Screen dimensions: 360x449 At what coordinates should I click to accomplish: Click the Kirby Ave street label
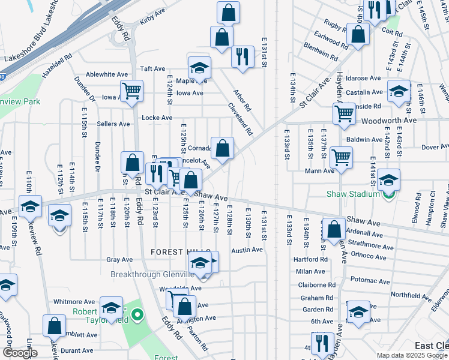(152, 37)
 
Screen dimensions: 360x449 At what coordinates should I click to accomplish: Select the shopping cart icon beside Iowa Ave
(131, 92)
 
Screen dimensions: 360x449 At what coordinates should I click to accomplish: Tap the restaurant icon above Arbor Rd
(243, 56)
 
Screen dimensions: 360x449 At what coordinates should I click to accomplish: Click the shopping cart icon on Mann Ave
(342, 157)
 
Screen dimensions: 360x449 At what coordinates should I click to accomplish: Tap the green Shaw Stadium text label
(353, 194)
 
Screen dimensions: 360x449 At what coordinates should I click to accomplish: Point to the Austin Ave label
(247, 250)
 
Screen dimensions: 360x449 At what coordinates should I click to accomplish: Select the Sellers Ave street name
(113, 124)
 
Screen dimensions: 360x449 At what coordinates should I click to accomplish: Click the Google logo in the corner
(20, 353)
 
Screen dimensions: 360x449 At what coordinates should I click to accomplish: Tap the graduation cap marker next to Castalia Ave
(399, 91)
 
